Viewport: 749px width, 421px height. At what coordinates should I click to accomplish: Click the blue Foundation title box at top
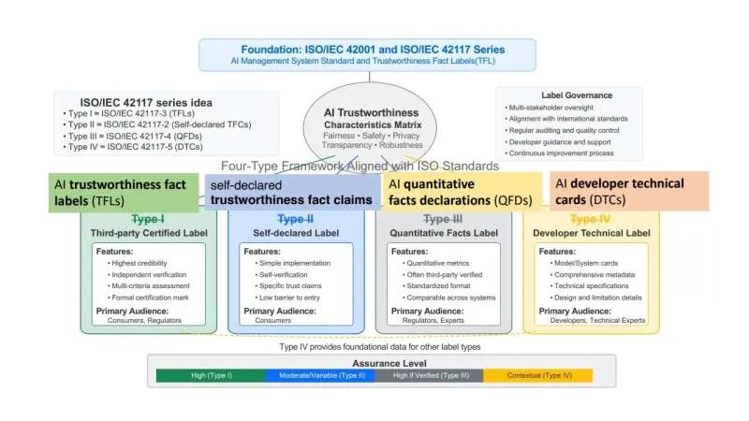click(x=367, y=54)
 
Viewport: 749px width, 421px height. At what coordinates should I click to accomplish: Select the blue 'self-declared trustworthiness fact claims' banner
click(x=291, y=192)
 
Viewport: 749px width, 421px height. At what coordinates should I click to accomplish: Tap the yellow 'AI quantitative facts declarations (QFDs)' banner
click(x=463, y=192)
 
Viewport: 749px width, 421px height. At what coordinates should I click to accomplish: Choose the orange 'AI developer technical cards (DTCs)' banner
click(x=630, y=192)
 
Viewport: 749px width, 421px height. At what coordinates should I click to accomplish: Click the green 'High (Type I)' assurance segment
click(x=211, y=375)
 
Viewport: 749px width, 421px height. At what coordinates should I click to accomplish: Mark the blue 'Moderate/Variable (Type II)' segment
click(x=320, y=375)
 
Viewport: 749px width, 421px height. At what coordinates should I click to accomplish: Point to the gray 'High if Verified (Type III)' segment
click(x=429, y=375)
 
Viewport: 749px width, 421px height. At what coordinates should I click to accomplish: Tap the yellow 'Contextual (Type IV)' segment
click(x=537, y=375)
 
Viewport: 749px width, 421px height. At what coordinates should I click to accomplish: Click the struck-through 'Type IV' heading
click(x=595, y=219)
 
